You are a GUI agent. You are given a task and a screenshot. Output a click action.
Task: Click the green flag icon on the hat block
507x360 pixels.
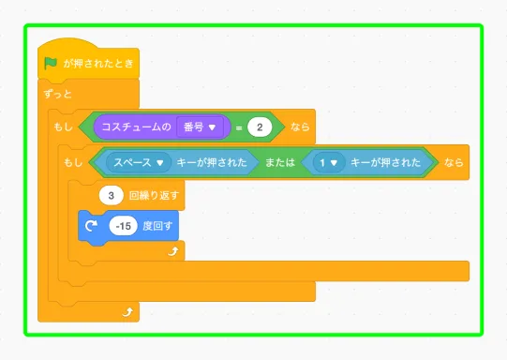(x=51, y=63)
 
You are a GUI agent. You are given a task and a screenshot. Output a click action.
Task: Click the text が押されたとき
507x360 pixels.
(x=98, y=64)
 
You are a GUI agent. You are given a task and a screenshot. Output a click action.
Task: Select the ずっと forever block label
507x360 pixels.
(x=58, y=95)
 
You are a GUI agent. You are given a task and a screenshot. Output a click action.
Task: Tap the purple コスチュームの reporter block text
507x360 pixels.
(x=135, y=126)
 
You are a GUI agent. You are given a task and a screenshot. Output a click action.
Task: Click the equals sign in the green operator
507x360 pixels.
(x=238, y=126)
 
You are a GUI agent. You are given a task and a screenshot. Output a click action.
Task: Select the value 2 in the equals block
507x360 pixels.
(x=260, y=126)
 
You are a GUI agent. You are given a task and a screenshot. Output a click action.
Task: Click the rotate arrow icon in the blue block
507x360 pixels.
(x=91, y=226)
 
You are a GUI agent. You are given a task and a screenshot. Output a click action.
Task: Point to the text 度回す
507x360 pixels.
(x=161, y=226)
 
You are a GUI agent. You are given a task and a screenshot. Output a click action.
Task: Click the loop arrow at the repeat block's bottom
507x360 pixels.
(x=171, y=251)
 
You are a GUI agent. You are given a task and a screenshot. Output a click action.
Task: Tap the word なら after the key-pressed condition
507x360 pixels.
(x=453, y=162)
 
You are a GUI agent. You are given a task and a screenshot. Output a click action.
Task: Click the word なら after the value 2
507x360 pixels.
(x=299, y=126)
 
